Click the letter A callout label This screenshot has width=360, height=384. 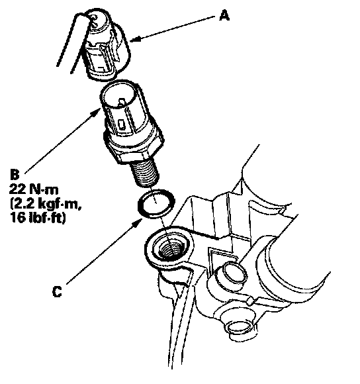[224, 16]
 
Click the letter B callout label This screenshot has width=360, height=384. [15, 175]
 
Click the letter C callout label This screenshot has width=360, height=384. [57, 292]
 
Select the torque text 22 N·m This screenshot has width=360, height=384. [34, 189]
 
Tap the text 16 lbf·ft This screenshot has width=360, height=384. [38, 217]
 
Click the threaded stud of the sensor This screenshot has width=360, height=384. [144, 173]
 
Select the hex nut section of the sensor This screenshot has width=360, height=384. [134, 146]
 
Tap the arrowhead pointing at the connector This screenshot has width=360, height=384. [135, 39]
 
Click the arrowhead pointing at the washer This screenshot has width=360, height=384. [137, 223]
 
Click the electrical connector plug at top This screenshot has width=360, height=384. [107, 44]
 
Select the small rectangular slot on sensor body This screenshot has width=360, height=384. [122, 124]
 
